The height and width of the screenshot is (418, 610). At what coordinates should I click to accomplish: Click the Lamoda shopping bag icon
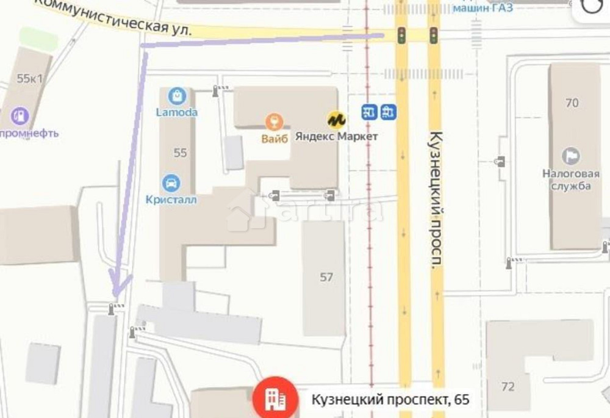tap(176, 95)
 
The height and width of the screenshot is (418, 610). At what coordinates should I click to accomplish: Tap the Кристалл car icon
tap(171, 182)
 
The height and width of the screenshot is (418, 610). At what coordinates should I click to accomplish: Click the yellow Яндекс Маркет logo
tap(335, 118)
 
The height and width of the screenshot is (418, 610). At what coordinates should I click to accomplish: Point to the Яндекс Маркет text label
tap(337, 137)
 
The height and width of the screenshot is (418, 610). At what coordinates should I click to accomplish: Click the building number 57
tap(326, 277)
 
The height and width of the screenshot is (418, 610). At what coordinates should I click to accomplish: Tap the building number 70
tap(572, 103)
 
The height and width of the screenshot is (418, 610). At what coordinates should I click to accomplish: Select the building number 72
tap(508, 386)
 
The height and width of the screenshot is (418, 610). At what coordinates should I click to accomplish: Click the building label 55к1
tap(30, 78)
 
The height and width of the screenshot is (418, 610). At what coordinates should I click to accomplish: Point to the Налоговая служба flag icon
tap(570, 156)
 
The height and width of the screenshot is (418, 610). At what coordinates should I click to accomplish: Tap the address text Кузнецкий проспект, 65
tap(390, 400)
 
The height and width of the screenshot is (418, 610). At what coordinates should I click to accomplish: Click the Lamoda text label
tap(176, 112)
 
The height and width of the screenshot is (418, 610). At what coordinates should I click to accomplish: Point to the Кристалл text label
tap(171, 200)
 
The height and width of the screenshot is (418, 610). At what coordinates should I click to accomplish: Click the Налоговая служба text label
tap(567, 179)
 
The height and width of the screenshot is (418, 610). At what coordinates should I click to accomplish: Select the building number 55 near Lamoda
tap(180, 153)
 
